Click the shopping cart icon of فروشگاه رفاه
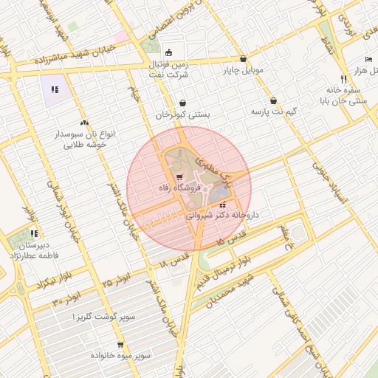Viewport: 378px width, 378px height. point(181,177)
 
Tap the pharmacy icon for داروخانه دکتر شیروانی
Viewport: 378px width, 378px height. point(222,205)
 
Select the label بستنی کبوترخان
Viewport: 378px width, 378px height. point(183,115)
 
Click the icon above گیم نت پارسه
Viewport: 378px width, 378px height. point(274,100)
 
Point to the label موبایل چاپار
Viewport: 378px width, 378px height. point(243,71)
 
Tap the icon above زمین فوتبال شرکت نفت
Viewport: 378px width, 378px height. point(169,52)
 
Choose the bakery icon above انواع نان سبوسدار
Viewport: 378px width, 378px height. point(83,123)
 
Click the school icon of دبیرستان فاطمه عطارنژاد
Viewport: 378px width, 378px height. point(34,233)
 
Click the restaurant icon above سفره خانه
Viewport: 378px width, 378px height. point(343,78)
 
